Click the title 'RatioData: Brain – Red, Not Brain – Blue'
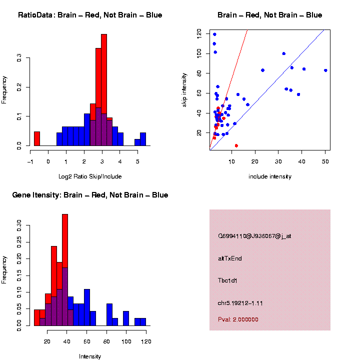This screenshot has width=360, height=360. pyautogui.click(x=90, y=15)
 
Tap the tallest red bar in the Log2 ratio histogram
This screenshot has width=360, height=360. pyautogui.click(x=104, y=90)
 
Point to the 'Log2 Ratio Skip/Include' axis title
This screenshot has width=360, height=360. pyautogui.click(x=90, y=176)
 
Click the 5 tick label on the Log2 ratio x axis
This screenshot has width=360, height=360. pyautogui.click(x=137, y=161)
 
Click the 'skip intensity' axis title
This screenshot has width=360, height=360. pyautogui.click(x=184, y=89)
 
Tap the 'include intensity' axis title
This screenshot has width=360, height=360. pyautogui.click(x=269, y=176)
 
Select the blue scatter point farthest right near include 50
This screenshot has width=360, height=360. pyautogui.click(x=325, y=70)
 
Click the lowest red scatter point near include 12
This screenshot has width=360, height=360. pyautogui.click(x=236, y=145)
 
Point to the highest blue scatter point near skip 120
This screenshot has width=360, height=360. pyautogui.click(x=214, y=34)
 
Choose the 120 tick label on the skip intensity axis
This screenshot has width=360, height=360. pyautogui.click(x=199, y=33)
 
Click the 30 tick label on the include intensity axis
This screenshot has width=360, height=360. pyautogui.click(x=278, y=161)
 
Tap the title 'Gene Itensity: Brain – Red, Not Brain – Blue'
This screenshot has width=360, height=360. pyautogui.click(x=90, y=195)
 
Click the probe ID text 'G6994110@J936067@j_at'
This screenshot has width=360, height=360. pyautogui.click(x=254, y=236)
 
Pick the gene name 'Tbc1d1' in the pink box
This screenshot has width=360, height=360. pyautogui.click(x=227, y=280)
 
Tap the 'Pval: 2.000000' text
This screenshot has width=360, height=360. pyautogui.click(x=238, y=319)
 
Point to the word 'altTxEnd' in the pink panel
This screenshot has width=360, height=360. pyautogui.click(x=230, y=258)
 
